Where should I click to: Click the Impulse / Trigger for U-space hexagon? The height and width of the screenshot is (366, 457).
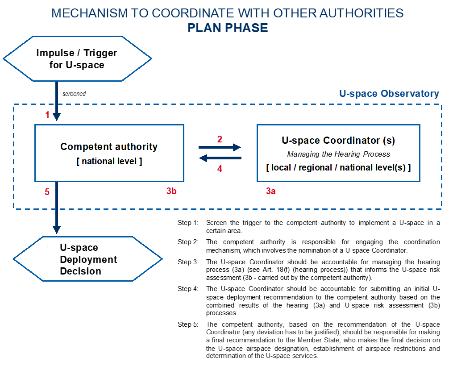(x=77, y=59)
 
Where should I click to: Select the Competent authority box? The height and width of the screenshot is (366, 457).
(x=109, y=153)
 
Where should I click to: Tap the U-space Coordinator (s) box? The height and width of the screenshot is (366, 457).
(x=338, y=153)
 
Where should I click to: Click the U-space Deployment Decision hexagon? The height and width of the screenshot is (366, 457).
(x=87, y=259)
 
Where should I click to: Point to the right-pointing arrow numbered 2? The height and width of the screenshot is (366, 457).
(x=220, y=147)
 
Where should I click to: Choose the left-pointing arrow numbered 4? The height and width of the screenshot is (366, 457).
(x=220, y=158)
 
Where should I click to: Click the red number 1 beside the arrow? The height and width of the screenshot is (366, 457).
(x=47, y=115)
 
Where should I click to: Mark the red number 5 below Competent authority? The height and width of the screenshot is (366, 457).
(x=47, y=192)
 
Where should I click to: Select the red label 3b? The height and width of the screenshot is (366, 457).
(x=171, y=191)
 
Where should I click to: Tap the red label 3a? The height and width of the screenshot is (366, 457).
(x=270, y=191)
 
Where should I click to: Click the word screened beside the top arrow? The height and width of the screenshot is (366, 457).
(x=74, y=94)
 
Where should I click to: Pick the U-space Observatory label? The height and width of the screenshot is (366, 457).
(x=389, y=94)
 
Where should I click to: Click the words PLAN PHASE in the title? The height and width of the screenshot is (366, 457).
(x=228, y=28)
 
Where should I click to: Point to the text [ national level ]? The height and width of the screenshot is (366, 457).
(x=109, y=161)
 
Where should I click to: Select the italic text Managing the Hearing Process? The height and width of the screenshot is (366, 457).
(x=338, y=154)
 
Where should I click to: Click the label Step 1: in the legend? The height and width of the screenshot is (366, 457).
(x=188, y=223)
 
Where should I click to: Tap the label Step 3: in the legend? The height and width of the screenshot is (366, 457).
(x=188, y=262)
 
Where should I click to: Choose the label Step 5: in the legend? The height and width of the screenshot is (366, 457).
(x=188, y=324)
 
